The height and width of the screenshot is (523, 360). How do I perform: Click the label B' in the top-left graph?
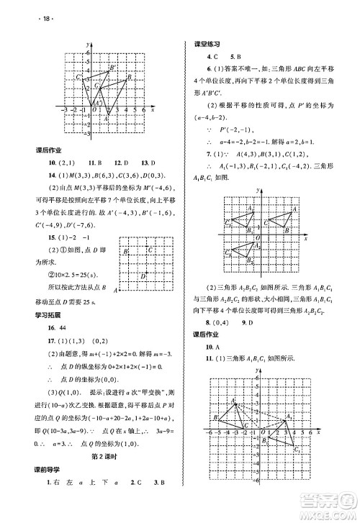point(111,67)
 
